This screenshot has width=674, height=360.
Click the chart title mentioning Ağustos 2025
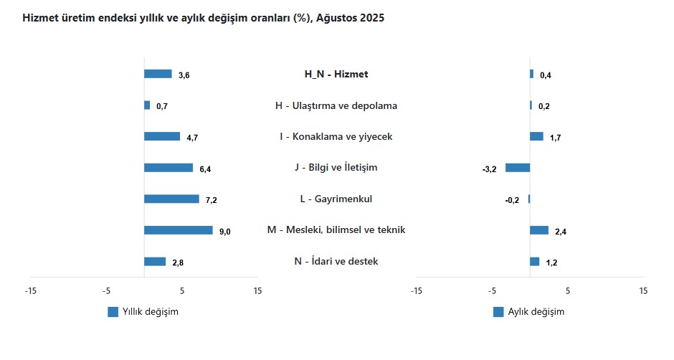point(204,19)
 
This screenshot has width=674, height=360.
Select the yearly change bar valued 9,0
point(178,230)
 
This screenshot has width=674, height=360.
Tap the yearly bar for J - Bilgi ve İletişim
point(168,168)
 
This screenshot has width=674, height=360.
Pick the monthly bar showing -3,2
point(518,168)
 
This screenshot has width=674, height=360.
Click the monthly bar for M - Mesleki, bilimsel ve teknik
point(539,230)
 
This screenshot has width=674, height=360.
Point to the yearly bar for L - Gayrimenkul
point(171,199)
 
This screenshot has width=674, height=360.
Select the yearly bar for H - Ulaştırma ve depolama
point(147,105)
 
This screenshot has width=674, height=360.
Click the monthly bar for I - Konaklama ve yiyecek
point(536,136)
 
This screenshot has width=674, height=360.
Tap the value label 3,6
point(184,75)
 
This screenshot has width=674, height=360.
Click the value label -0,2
point(512,200)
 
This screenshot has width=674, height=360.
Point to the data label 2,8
point(178,262)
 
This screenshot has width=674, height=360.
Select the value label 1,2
point(551,262)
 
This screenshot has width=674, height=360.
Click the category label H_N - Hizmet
point(336,74)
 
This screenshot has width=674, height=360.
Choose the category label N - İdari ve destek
point(336,261)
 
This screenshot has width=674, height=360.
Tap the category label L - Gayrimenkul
point(336,199)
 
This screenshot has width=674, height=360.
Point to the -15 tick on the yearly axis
point(30,291)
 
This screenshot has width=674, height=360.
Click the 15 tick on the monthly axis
point(643,291)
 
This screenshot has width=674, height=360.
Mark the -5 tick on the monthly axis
point(492,291)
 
